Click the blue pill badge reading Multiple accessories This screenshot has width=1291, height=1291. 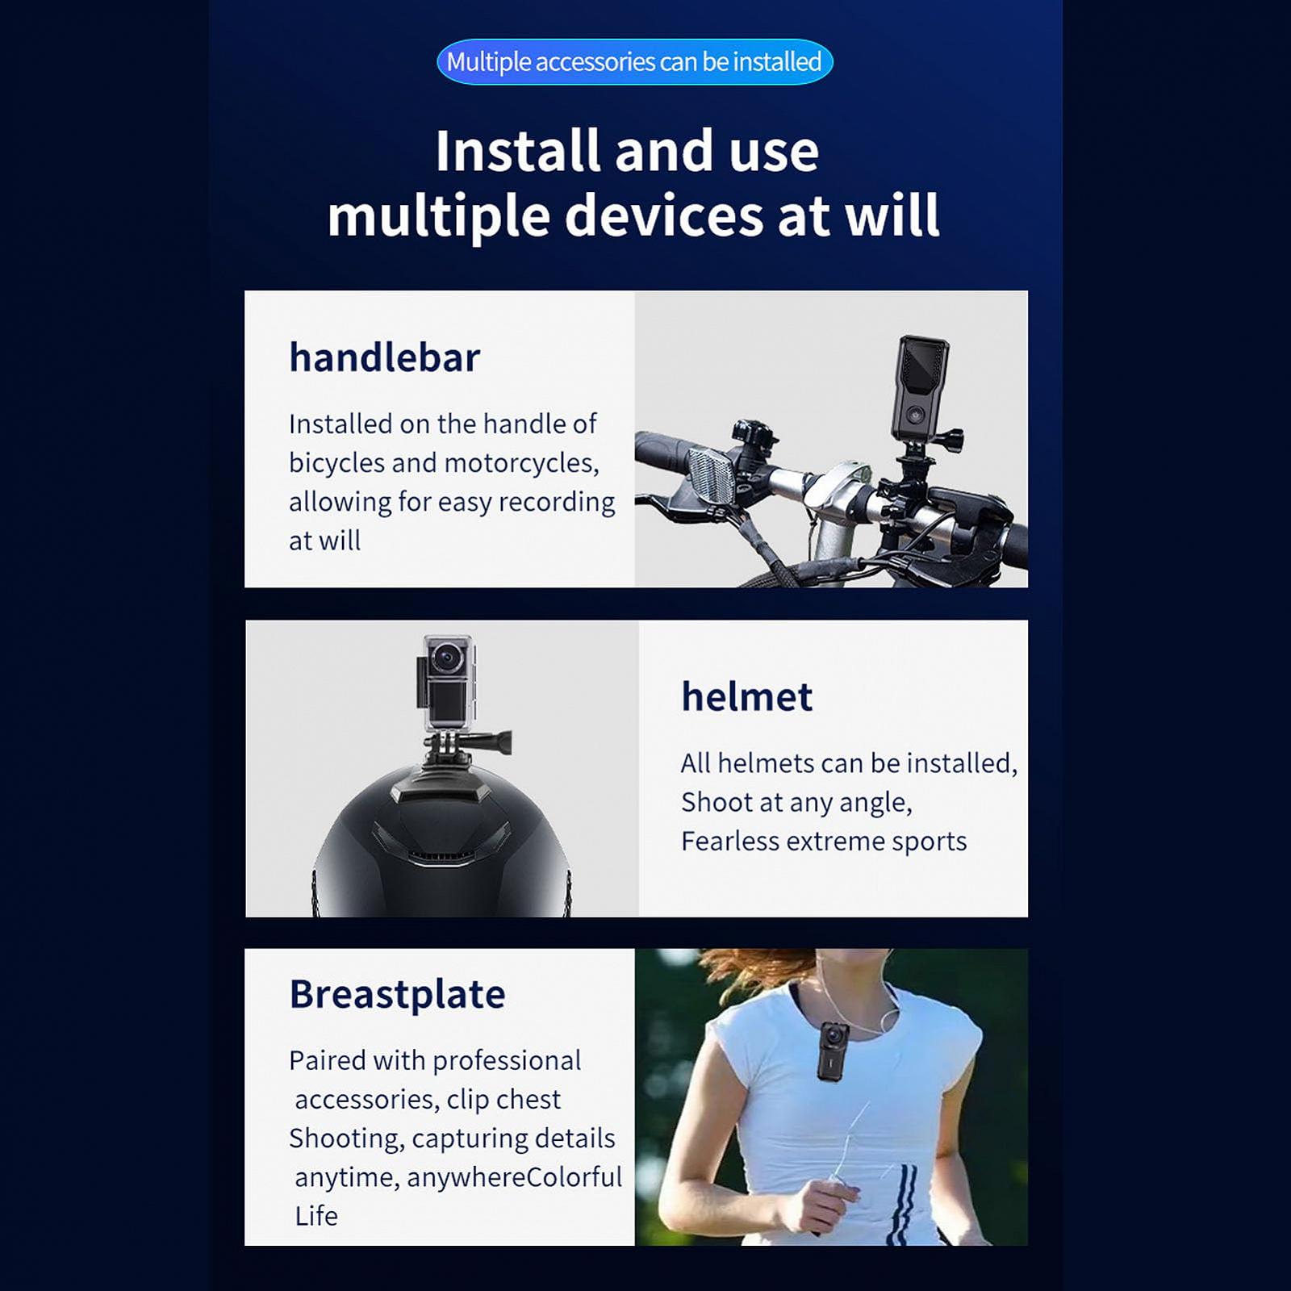pos(634,62)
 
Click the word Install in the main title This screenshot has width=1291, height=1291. pos(516,151)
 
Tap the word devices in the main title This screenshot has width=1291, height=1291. pos(663,216)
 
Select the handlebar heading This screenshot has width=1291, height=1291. pos(384,357)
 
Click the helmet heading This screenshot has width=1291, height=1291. pos(746,696)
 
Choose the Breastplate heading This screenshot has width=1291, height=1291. pos(397,994)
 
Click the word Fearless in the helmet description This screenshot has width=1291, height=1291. pos(729,842)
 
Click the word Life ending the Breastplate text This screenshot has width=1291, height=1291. pos(315,1216)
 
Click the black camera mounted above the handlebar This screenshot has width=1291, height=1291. pos(919,387)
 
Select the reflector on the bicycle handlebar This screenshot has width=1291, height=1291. pos(711,478)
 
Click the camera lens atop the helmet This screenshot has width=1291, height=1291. pos(446,659)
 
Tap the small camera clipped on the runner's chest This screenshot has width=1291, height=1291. pos(832,1049)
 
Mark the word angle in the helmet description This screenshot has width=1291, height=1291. pos(874,803)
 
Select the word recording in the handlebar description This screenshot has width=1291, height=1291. pos(557,502)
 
